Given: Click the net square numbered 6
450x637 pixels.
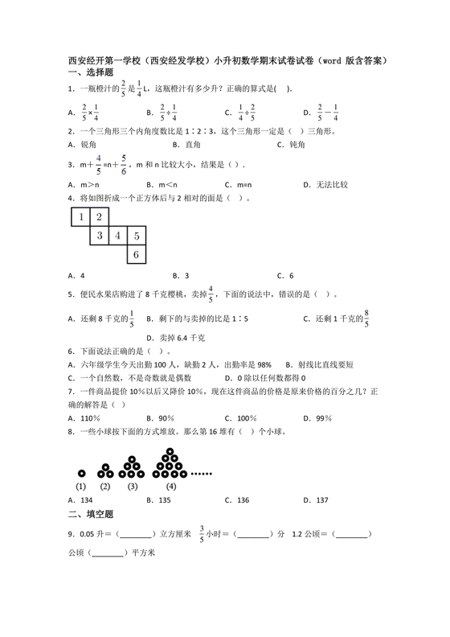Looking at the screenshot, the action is coord(137,255).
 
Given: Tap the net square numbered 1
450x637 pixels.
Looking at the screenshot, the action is coord(80,216).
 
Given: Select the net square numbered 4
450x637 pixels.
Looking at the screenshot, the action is coord(117,236).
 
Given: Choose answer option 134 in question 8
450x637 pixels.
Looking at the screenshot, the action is coord(83,500).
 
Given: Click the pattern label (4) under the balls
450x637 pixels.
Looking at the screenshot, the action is coord(170,486).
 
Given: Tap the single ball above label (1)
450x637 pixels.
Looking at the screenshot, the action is coord(81,473).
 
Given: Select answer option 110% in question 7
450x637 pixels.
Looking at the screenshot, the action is coord(85,418).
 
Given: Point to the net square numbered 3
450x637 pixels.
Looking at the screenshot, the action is coord(99,236).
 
